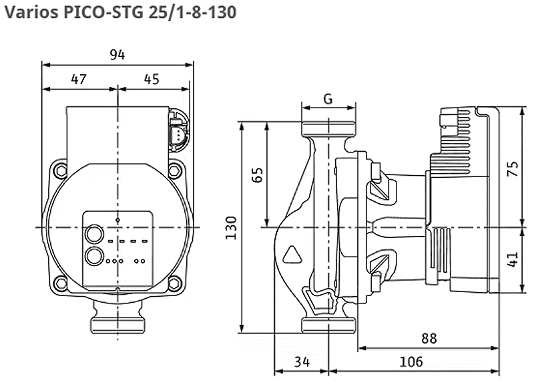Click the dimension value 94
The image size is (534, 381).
coord(117,55)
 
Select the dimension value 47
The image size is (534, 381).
coord(79,79)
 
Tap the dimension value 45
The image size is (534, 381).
coord(152,79)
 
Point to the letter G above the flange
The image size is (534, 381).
coord(328,99)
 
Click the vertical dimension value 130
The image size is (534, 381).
coord(231,227)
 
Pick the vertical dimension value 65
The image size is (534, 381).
coord(258,174)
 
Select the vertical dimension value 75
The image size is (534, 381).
coord(513,168)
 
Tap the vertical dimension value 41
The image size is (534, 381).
coord(513,259)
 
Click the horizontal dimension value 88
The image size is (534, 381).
coord(429,338)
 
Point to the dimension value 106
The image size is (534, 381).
coord(411,362)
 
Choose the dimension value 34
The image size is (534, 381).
coord(302,362)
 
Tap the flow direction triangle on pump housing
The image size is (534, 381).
coord(292,255)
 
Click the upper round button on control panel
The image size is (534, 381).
coord(94,234)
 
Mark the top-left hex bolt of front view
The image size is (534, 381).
coord(61,170)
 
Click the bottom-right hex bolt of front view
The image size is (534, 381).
coord(174,283)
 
